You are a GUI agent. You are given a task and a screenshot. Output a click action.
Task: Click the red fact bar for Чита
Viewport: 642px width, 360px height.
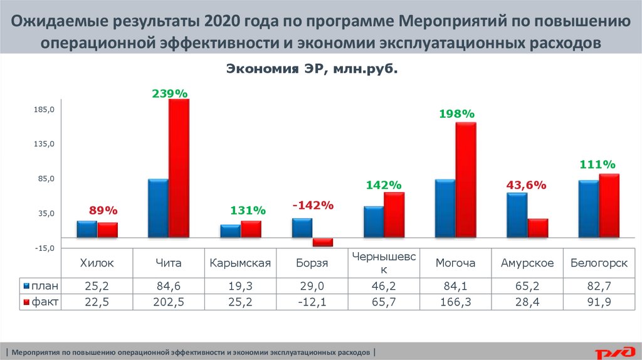179,168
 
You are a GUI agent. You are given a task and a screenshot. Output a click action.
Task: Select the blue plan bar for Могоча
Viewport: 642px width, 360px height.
445,208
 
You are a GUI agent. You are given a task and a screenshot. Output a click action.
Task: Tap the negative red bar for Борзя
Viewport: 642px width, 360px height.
322,242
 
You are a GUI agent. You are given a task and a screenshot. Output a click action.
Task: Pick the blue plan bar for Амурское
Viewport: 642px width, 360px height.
517,215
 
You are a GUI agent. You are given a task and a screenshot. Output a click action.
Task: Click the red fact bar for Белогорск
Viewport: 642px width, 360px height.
609,206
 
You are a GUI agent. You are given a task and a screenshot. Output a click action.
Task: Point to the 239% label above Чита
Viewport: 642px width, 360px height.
169,93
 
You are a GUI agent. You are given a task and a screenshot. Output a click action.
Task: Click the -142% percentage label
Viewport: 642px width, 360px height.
313,206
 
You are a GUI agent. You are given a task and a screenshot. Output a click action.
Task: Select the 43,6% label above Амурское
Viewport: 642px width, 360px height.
527,186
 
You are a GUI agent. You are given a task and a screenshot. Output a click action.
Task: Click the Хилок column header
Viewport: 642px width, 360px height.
97,263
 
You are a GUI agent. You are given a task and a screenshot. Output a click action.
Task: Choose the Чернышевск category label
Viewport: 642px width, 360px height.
384,263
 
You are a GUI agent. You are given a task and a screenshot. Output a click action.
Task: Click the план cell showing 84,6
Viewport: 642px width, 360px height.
169,286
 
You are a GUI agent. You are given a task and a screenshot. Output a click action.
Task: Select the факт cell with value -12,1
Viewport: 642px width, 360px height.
312,302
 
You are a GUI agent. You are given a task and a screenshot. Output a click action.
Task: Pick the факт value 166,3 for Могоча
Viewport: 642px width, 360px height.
456,302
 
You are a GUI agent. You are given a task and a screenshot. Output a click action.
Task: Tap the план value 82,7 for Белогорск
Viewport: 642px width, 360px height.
599,286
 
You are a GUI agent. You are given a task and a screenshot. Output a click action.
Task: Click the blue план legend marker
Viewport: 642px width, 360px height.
26,286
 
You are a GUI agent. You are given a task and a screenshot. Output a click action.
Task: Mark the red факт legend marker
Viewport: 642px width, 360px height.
26,302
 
